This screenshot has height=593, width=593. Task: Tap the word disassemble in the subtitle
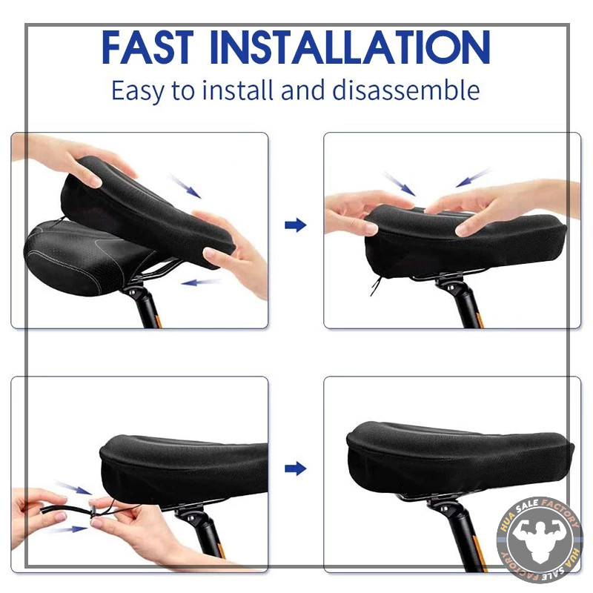[405, 90]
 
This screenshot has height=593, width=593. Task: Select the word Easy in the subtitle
[138, 91]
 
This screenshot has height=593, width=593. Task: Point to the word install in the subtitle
[237, 90]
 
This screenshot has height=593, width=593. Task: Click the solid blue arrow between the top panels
[295, 225]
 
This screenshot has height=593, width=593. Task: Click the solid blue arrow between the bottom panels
[295, 469]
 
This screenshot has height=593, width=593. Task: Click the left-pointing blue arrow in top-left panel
[201, 282]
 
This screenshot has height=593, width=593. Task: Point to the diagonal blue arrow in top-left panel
[185, 186]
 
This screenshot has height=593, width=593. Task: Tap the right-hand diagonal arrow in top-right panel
[473, 178]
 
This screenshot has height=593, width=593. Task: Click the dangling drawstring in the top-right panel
[376, 286]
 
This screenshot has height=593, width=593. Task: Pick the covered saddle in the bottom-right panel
[460, 457]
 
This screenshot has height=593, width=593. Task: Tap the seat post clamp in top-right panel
[452, 286]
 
